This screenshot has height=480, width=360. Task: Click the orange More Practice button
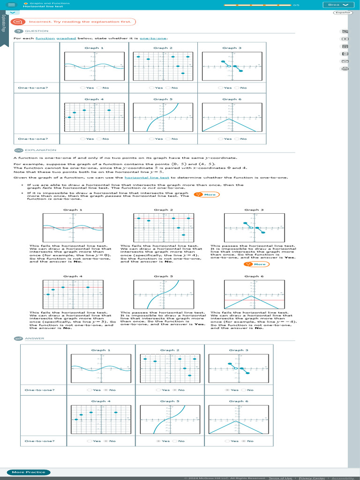click(x=29, y=472)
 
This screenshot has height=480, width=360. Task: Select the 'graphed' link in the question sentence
click(x=66, y=38)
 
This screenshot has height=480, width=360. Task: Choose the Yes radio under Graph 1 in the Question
click(x=83, y=88)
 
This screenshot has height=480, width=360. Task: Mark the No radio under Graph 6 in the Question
click(x=237, y=139)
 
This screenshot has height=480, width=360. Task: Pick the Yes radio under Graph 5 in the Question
click(x=152, y=139)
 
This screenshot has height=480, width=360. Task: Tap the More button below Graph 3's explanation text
click(x=256, y=264)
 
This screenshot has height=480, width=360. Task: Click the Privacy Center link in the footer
click(x=311, y=478)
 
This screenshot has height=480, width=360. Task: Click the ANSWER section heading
click(x=34, y=338)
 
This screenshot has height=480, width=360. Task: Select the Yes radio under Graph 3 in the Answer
click(x=228, y=390)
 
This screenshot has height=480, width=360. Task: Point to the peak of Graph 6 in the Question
click(x=229, y=119)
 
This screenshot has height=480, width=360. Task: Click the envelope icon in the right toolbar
click(x=345, y=61)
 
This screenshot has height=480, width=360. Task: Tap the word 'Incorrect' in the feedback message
click(x=38, y=22)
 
